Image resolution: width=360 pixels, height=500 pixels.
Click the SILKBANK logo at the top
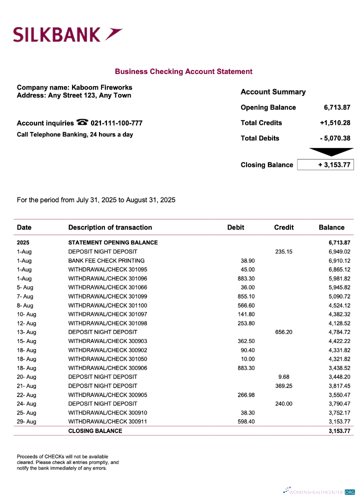[67, 34]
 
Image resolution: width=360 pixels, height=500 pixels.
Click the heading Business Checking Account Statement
[183, 71]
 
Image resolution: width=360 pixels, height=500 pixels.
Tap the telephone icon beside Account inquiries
[82, 122]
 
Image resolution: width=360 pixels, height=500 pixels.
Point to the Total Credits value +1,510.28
[335, 123]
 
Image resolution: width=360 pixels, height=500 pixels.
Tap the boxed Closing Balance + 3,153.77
[325, 165]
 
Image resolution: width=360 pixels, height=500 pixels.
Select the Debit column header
[235, 227]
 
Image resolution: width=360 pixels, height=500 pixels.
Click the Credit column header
[283, 227]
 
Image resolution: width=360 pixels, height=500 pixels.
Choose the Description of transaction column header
[110, 227]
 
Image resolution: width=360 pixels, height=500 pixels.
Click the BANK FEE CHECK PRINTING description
[106, 260]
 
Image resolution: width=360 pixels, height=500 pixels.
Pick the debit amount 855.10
[246, 296]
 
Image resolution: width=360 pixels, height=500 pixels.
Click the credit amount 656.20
[283, 332]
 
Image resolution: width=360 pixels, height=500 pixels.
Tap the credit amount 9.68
[283, 377]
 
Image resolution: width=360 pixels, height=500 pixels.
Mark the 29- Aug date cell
[26, 422]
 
